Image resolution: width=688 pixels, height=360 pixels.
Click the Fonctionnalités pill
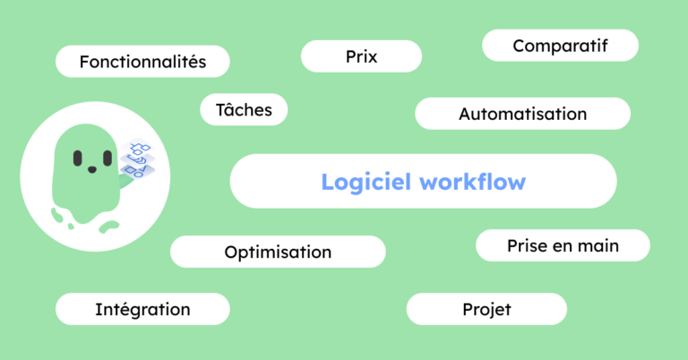click(x=142, y=62)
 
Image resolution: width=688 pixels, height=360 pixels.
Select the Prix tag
click(x=361, y=56)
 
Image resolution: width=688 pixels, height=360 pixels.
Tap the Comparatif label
click(x=560, y=45)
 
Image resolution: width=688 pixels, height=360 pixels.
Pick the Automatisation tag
click(x=522, y=114)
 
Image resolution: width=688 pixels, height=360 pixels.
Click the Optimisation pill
click(x=278, y=252)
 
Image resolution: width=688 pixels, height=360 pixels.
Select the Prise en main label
click(x=563, y=245)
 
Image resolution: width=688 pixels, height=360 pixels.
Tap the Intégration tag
click(x=142, y=309)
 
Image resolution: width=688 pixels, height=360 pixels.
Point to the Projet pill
click(x=486, y=309)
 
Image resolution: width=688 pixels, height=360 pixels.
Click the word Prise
click(x=525, y=245)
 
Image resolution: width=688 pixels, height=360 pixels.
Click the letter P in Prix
click(x=349, y=56)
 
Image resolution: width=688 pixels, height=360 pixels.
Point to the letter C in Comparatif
click(x=519, y=45)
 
